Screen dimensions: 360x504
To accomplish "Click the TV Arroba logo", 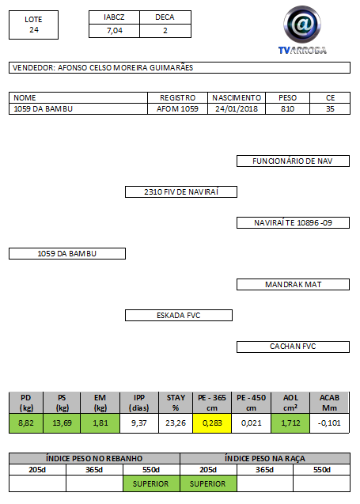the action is pyautogui.click(x=302, y=30).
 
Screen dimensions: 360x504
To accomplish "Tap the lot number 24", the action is pyautogui.click(x=34, y=30).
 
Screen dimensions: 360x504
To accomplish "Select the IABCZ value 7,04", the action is pyautogui.click(x=115, y=31).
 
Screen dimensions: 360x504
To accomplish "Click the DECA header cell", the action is pyautogui.click(x=165, y=17).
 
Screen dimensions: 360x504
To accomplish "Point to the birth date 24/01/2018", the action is pyautogui.click(x=237, y=109).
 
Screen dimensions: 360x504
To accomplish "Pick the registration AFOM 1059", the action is pyautogui.click(x=177, y=109).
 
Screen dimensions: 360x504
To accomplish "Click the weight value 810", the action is pyautogui.click(x=287, y=109).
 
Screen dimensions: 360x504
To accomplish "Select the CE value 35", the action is pyautogui.click(x=330, y=109).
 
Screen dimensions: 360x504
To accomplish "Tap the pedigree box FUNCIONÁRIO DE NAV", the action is pyautogui.click(x=293, y=161).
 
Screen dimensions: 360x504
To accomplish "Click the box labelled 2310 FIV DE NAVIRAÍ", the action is pyautogui.click(x=181, y=192).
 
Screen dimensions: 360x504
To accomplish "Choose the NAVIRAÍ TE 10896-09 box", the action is pyautogui.click(x=293, y=223).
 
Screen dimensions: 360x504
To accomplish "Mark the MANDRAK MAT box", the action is pyautogui.click(x=293, y=285).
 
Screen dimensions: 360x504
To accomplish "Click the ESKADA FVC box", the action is pyautogui.click(x=179, y=316).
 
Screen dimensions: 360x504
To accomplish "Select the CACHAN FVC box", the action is pyautogui.click(x=293, y=347).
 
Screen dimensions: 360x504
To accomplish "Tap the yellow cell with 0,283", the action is pyautogui.click(x=212, y=423).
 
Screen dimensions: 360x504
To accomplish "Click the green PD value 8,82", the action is pyautogui.click(x=26, y=423).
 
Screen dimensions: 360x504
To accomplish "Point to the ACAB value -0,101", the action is pyautogui.click(x=329, y=423).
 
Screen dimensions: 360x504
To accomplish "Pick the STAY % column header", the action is pyautogui.click(x=176, y=403).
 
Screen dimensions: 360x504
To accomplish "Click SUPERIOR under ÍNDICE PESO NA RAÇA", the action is pyautogui.click(x=207, y=483).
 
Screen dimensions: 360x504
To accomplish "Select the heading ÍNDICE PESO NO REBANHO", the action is pyautogui.click(x=94, y=458).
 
